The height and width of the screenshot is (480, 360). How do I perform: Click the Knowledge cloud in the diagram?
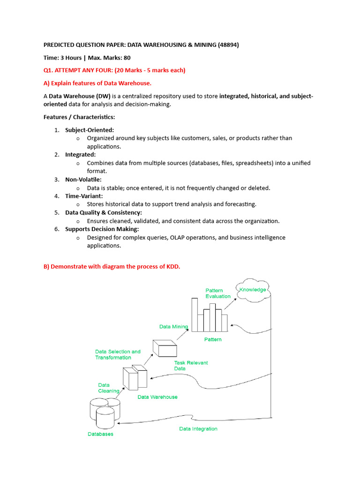252,290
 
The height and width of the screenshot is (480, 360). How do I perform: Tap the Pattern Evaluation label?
218,293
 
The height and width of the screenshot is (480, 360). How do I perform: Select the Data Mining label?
173,327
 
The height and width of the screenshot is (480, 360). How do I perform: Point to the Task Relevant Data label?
191,366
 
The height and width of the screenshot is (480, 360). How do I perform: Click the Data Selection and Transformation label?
118,354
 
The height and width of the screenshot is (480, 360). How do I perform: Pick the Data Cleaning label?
108,388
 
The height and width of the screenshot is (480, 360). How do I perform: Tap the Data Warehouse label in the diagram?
157,397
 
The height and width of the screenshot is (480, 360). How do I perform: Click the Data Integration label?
198,428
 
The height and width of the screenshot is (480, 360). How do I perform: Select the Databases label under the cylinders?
100,434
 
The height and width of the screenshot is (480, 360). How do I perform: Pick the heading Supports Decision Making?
102,229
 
